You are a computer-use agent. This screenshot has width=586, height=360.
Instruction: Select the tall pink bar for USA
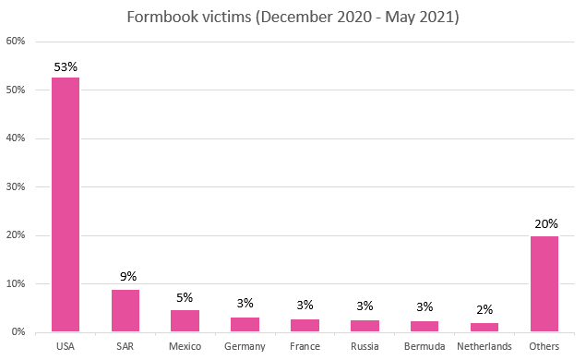(x=65, y=203)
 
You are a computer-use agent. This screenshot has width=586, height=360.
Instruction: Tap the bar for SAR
(x=125, y=311)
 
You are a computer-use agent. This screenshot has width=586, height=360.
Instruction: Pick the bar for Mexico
(x=185, y=321)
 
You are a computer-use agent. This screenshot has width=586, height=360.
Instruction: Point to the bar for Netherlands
(x=484, y=327)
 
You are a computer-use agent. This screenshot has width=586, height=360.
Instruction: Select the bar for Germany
(x=245, y=324)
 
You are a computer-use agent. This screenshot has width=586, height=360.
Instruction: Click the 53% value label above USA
(x=66, y=66)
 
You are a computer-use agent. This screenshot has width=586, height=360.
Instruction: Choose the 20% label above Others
(x=544, y=223)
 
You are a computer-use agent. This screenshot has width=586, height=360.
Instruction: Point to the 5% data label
(x=185, y=297)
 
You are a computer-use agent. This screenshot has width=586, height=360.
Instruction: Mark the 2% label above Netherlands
(x=484, y=311)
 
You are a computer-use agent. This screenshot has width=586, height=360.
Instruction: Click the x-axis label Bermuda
(x=425, y=346)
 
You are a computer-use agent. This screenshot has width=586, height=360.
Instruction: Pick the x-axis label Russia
(x=365, y=346)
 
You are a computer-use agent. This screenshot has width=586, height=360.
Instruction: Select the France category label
(x=305, y=346)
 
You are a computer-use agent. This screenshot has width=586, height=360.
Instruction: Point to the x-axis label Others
(x=544, y=346)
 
